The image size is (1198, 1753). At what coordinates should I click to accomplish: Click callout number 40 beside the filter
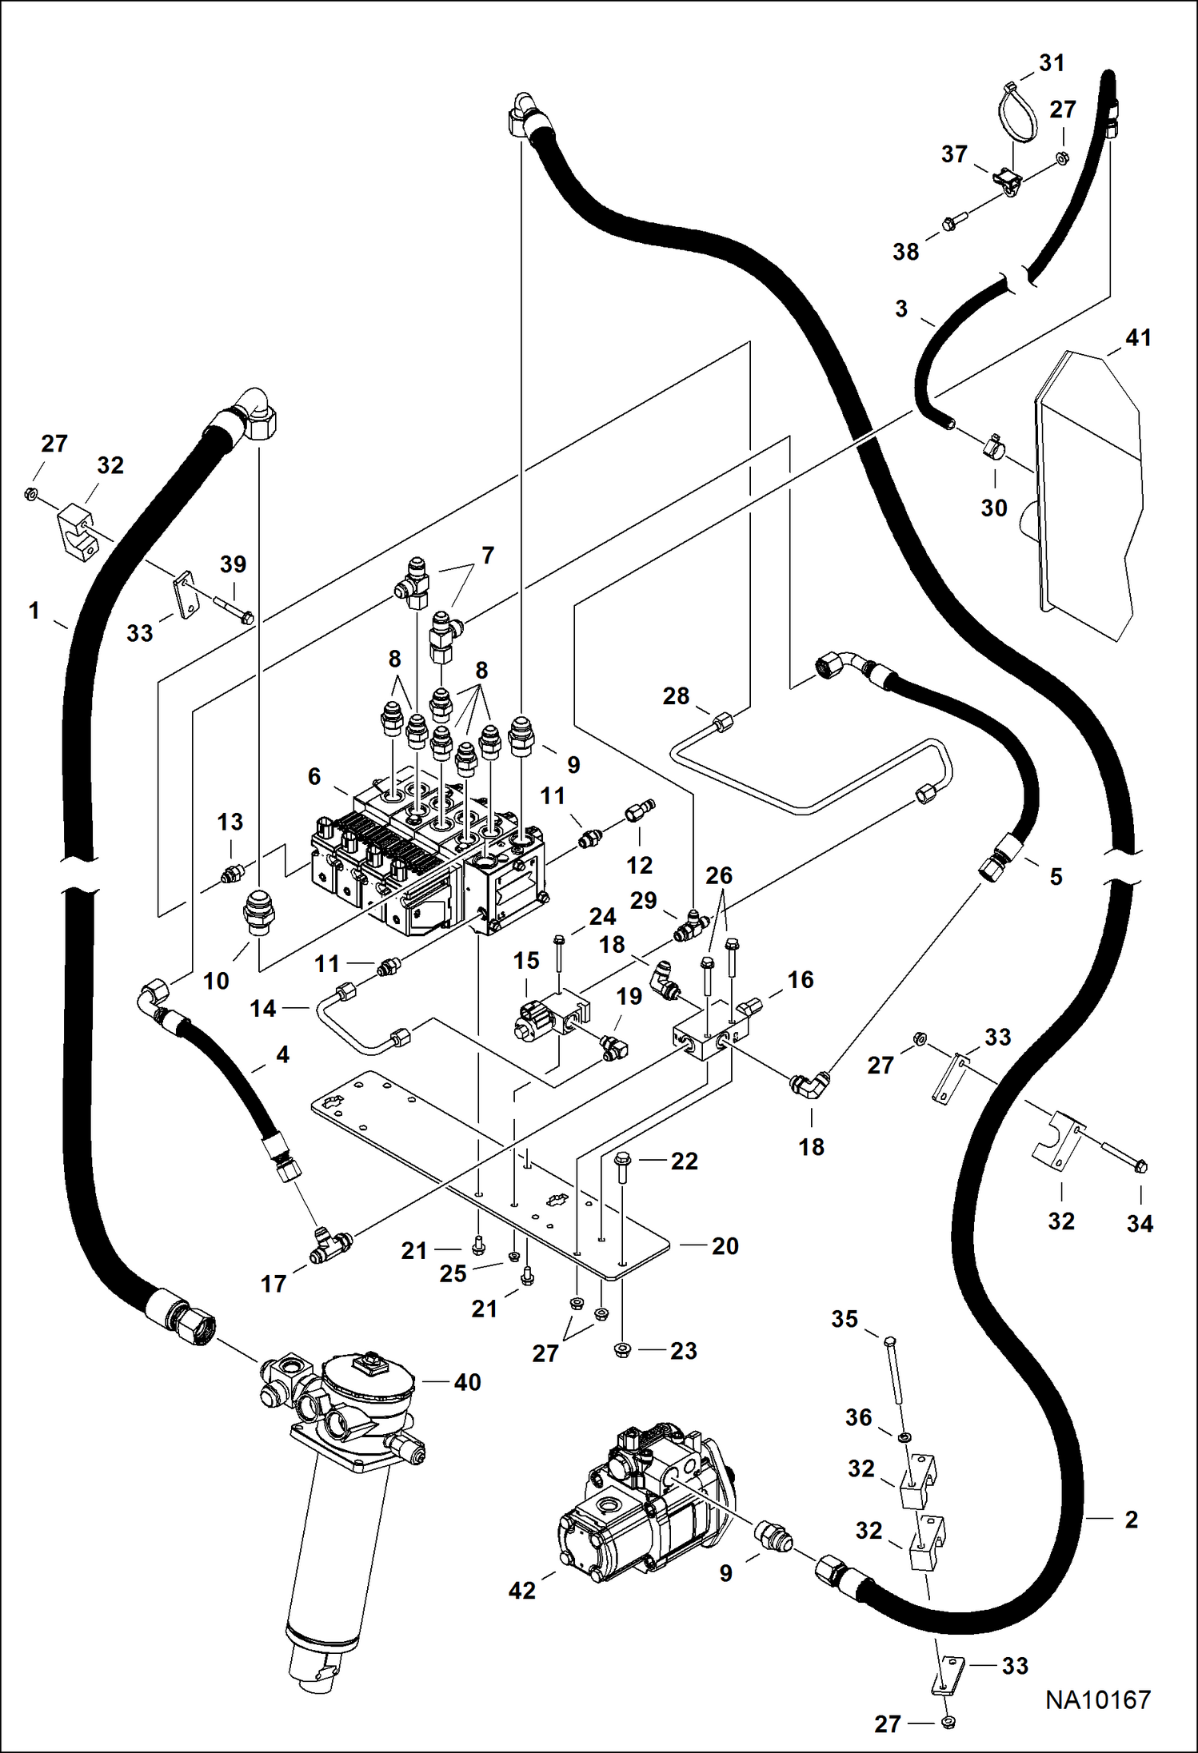click(x=467, y=1382)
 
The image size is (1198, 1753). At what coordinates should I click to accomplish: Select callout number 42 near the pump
click(x=521, y=1591)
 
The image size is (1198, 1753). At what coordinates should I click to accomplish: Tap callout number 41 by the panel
click(x=1138, y=338)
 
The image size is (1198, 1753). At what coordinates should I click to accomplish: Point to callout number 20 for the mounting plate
click(x=725, y=1246)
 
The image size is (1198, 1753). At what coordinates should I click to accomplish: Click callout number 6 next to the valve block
click(x=314, y=776)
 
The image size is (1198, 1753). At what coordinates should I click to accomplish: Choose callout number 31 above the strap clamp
click(x=1052, y=63)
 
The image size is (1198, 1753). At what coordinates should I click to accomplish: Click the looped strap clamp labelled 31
click(x=1016, y=112)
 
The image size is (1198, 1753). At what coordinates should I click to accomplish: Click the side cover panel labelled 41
click(x=1088, y=496)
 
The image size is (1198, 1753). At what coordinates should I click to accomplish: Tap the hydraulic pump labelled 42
click(x=640, y=1503)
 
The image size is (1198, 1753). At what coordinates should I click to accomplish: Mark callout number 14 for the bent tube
click(x=262, y=1009)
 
